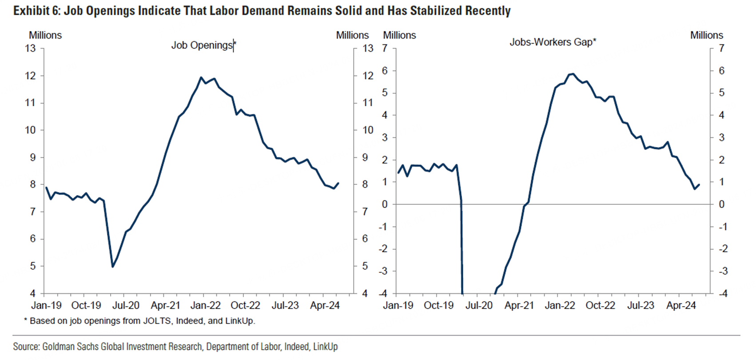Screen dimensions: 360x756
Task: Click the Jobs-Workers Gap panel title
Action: point(552,42)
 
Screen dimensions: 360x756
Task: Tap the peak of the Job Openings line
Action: point(201,77)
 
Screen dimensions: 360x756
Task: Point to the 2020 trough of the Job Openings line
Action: point(113,267)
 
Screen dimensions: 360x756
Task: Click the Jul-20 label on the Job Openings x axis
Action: point(126,306)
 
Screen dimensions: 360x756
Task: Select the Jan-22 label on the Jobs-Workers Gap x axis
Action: point(560,306)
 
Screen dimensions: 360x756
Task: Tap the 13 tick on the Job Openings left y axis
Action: point(30,48)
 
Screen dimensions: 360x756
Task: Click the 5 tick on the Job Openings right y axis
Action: point(365,266)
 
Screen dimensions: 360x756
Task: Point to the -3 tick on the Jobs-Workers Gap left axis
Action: point(383,271)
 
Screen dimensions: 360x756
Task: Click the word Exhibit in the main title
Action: point(31,11)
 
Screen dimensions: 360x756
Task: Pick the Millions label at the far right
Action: point(706,36)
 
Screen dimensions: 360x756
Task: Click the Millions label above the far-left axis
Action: point(45,36)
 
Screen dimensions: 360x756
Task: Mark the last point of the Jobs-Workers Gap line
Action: point(699,185)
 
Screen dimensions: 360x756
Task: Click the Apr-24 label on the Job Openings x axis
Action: point(325,306)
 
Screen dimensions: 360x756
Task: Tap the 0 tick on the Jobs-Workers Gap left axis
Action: point(385,204)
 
